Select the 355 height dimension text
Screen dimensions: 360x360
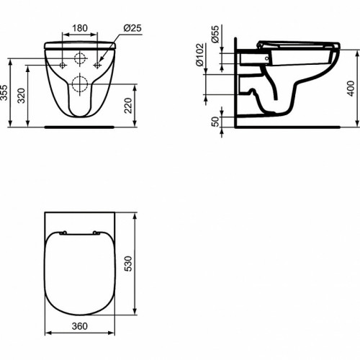[x=6, y=92]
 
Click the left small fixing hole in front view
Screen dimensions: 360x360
[x=63, y=66]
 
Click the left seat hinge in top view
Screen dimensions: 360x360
[x=63, y=233]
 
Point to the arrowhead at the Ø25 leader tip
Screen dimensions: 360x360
[x=99, y=63]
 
